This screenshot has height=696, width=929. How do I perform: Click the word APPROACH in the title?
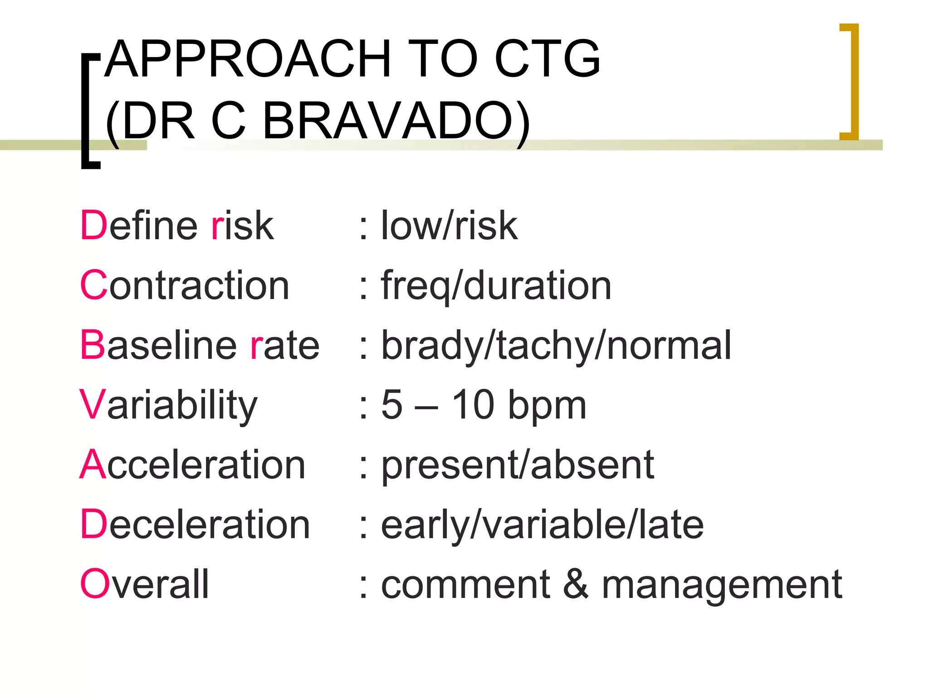[x=248, y=59]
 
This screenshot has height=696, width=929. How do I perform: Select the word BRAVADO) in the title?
[x=396, y=121]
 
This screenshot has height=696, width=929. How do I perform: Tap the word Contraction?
[x=184, y=285]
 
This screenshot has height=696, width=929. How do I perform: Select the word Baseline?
[x=158, y=345]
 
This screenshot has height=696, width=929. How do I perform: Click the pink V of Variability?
[x=92, y=405]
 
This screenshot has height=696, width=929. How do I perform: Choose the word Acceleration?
[x=193, y=465]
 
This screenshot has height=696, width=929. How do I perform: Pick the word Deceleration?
[x=195, y=525]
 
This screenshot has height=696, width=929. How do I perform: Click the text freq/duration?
[x=496, y=286]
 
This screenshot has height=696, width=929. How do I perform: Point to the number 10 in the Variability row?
[x=473, y=405]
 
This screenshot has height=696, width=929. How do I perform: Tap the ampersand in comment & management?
[x=576, y=584]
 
